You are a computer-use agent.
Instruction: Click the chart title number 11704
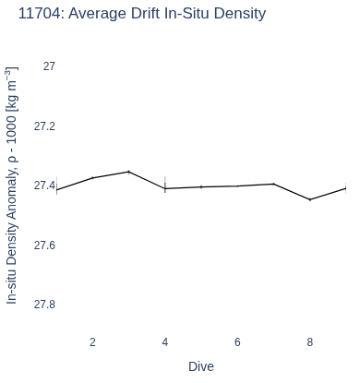click(40, 14)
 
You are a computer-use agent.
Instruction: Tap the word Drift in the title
click(145, 14)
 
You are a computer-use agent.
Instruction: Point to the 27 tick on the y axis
click(49, 66)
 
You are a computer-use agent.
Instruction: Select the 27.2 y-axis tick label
click(44, 126)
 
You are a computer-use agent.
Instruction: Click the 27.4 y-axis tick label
click(44, 186)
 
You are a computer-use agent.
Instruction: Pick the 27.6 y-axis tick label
click(44, 245)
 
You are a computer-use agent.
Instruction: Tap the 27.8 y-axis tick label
click(44, 305)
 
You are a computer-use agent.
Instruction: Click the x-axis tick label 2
click(92, 342)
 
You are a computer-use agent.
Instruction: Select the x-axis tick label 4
click(165, 342)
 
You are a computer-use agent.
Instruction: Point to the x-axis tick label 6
click(237, 342)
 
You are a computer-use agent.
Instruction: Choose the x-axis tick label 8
click(310, 342)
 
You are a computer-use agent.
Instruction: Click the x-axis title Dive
click(201, 366)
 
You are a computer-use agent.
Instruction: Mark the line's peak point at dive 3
click(129, 172)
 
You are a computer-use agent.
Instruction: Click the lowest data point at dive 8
click(310, 199)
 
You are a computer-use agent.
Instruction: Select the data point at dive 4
click(165, 188)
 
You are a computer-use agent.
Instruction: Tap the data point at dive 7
click(273, 184)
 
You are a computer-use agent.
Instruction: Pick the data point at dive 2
click(92, 178)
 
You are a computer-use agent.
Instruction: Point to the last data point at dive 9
click(346, 188)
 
